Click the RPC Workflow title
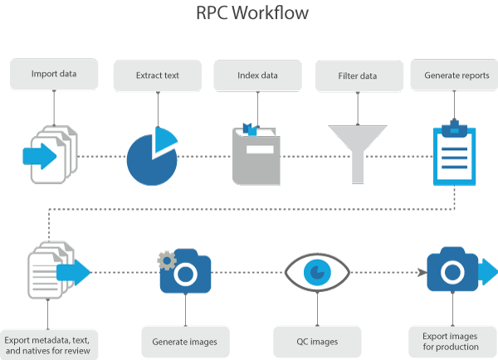250,14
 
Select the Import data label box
55,74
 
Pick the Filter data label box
359,75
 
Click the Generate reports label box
456,75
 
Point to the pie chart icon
152,157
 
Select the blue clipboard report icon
455,153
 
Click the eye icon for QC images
317,271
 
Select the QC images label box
318,340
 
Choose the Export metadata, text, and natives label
51,341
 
